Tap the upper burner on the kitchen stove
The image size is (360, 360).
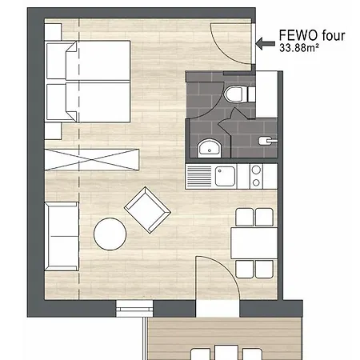point(257,170)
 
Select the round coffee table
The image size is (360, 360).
point(110,234)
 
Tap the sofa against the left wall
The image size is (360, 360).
point(62,235)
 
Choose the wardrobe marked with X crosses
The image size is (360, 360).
point(93,159)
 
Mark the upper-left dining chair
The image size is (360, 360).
point(242,217)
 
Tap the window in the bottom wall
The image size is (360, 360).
point(132,307)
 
